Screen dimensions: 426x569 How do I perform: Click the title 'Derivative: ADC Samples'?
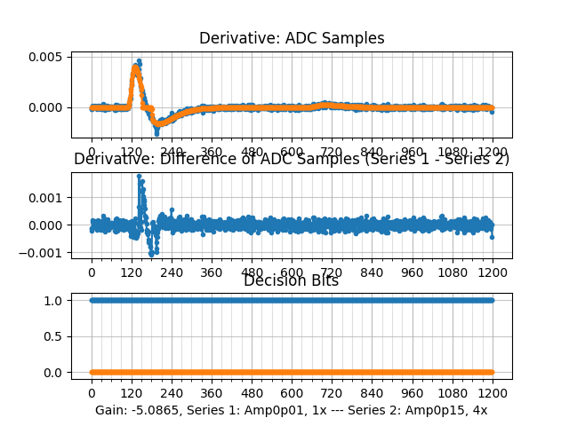292,38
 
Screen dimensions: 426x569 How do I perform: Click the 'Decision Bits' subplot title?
291,280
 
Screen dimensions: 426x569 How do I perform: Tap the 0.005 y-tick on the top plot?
44,57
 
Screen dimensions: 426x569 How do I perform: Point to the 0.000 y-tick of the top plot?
44,107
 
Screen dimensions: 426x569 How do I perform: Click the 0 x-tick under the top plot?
91,152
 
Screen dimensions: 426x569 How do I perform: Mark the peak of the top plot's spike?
138,60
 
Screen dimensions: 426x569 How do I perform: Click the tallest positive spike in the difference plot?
139,176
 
